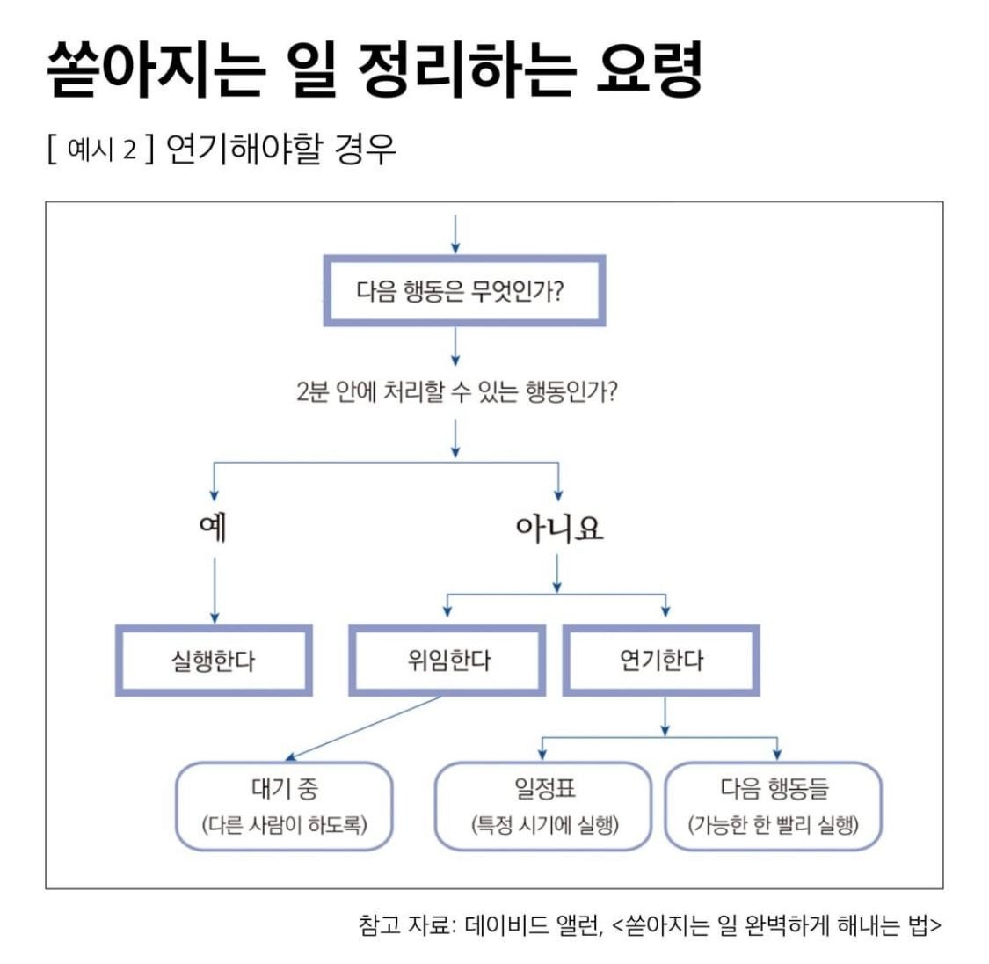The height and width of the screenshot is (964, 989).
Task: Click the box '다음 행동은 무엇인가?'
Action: [x=464, y=291]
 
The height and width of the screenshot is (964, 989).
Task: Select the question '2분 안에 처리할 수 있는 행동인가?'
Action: [x=456, y=391]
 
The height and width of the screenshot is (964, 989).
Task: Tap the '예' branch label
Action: [x=214, y=528]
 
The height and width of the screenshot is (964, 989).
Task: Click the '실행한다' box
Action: [x=214, y=661]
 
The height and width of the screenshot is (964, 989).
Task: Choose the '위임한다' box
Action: [x=447, y=661]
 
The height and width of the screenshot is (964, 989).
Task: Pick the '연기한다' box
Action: [x=661, y=661]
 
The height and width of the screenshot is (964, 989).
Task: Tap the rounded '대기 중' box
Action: [x=284, y=805]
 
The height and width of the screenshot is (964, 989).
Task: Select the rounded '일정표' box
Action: [x=544, y=805]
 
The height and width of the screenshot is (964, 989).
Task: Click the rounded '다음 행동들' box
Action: [x=774, y=805]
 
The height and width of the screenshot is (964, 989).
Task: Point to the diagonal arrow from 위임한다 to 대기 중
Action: [x=365, y=727]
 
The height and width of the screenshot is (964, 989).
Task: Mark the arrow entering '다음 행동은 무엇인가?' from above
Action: [x=455, y=232]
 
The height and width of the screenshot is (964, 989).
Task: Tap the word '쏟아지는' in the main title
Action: [x=155, y=69]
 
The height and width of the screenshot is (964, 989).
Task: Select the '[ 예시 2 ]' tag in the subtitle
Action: [x=102, y=150]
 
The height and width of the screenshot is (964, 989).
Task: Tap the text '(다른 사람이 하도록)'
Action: [x=284, y=825]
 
